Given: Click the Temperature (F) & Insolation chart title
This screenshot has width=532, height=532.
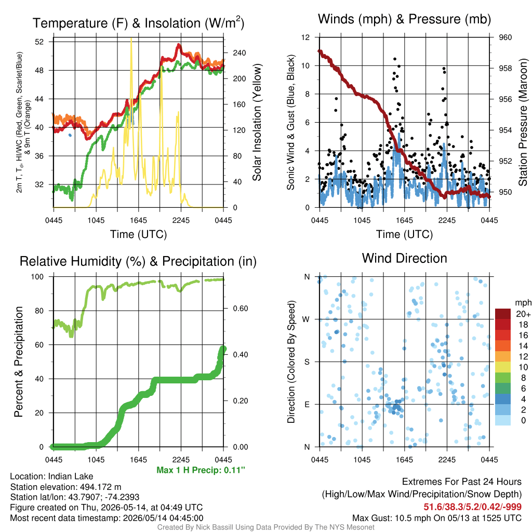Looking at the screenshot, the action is click(138, 23).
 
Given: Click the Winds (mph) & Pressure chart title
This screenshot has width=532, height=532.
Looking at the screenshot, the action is click(404, 19).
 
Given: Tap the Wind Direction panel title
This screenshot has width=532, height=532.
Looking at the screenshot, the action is click(404, 258).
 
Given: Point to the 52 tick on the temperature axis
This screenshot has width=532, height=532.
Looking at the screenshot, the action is click(39, 42).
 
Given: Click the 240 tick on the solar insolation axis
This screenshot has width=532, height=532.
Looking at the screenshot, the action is click(239, 53).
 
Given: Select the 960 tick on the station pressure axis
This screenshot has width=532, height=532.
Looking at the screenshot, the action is click(505, 37).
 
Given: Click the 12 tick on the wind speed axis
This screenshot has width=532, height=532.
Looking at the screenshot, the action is click(305, 37).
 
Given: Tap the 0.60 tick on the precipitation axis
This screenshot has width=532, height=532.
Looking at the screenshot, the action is click(241, 309).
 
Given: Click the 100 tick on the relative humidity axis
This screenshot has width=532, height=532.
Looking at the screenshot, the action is click(37, 277).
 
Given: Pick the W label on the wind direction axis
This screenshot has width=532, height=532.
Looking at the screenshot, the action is click(306, 320).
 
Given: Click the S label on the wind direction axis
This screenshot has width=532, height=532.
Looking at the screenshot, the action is click(307, 362).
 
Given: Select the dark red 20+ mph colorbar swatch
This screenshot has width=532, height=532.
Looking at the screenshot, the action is click(503, 314).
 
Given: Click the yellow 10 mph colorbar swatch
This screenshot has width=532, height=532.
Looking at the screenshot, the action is click(503, 367).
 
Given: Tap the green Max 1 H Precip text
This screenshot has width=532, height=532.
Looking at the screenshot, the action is click(201, 470).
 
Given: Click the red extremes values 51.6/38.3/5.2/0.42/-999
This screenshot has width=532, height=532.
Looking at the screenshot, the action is click(472, 507).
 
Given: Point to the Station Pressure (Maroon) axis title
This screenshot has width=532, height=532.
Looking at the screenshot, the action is click(523, 122).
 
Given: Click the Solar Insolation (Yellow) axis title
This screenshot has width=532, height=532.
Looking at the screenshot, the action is click(257, 122).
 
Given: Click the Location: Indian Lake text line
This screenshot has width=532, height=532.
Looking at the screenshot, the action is click(51, 476).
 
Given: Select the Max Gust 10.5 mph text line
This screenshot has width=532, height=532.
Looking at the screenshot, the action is click(436, 518).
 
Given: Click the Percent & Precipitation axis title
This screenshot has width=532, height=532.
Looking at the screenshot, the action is click(19, 362).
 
